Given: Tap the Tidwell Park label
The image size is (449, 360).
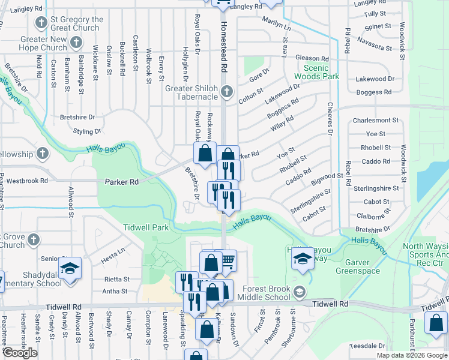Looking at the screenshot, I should (146, 227).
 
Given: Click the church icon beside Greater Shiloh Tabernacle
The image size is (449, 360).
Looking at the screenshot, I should (226, 92).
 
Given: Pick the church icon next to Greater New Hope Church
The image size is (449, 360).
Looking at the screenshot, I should (76, 43).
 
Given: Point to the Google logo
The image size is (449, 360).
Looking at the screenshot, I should (19, 353).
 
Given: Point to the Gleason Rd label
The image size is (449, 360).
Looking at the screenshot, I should (312, 58).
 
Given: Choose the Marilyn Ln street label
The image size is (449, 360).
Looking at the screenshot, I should (276, 24).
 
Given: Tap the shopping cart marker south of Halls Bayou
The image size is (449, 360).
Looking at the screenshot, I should (226, 260).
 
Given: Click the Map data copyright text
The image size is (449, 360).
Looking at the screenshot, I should (411, 355).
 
